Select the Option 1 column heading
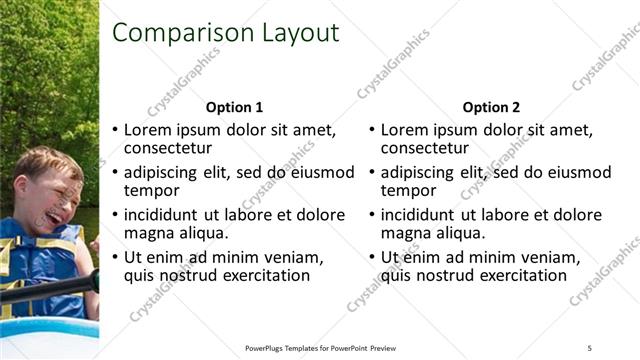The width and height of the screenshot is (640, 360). pyautogui.click(x=234, y=107)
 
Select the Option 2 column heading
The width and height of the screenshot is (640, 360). pyautogui.click(x=492, y=107)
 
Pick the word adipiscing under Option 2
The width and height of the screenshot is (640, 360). pyautogui.click(x=418, y=172)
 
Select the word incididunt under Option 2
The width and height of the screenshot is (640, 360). pyautogui.click(x=417, y=215)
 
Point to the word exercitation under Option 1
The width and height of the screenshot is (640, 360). pyautogui.click(x=265, y=275)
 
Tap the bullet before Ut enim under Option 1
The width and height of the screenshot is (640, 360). pyautogui.click(x=114, y=258)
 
